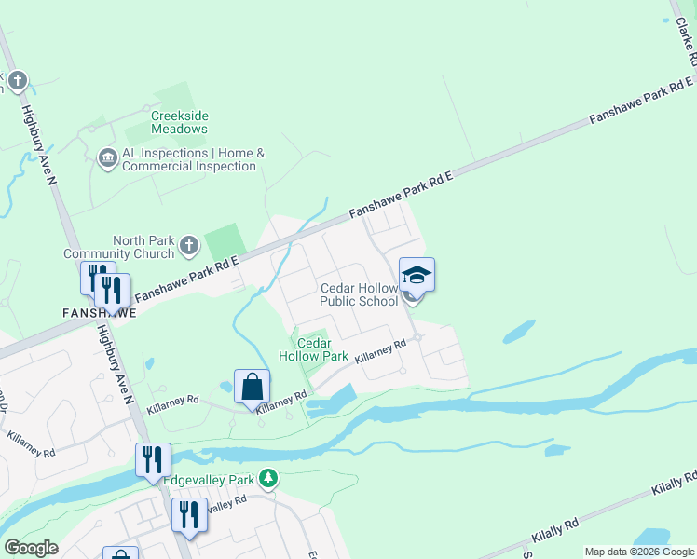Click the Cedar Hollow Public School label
click(x=359, y=294)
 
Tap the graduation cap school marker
click(x=417, y=276)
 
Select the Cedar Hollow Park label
click(x=315, y=349)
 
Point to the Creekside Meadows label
click(x=179, y=122)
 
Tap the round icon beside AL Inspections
click(x=107, y=159)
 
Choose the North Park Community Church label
click(x=118, y=247)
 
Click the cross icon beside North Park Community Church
click(x=189, y=246)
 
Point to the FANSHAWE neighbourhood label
click(x=100, y=313)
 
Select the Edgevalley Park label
click(x=209, y=480)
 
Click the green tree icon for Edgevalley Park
click(x=268, y=479)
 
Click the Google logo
click(x=31, y=548)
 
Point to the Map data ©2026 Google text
click(x=639, y=552)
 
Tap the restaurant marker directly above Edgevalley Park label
click(x=153, y=459)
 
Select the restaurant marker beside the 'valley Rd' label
click(x=189, y=514)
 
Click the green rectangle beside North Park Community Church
click(x=225, y=241)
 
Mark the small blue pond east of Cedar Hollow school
click(x=518, y=332)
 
